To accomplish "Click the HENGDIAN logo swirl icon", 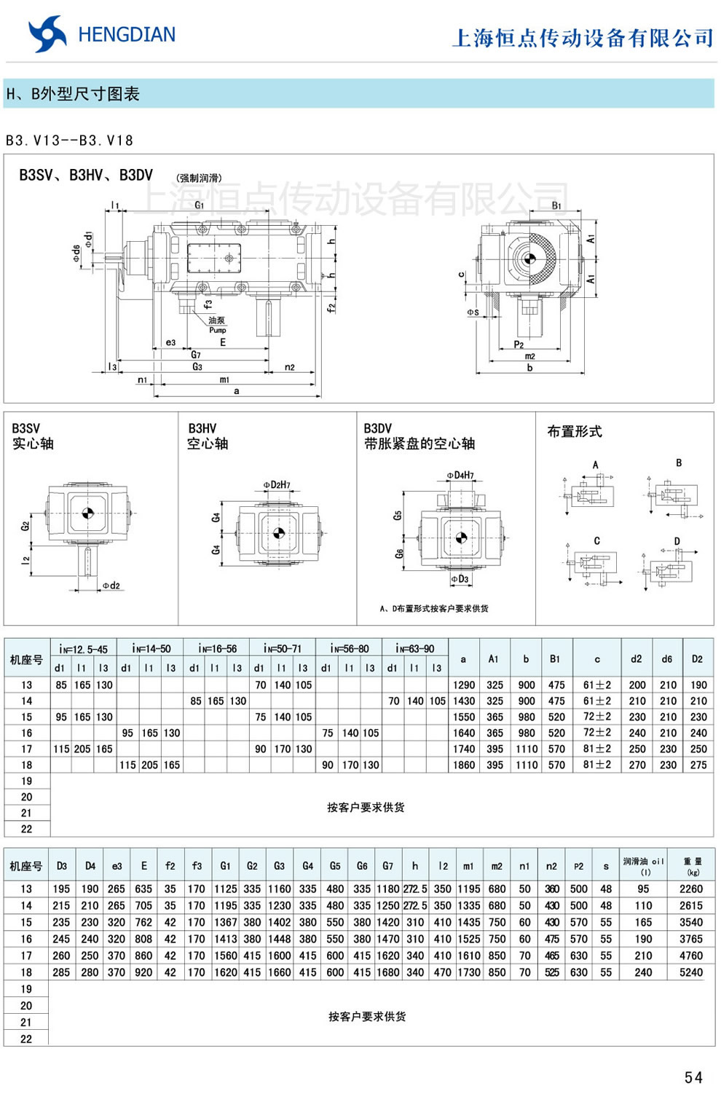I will pyautogui.click(x=47, y=34).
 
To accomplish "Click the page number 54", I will pyautogui.click(x=693, y=1077).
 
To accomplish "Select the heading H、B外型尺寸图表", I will pyautogui.click(x=73, y=94).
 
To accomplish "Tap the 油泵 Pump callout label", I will pyautogui.click(x=217, y=325).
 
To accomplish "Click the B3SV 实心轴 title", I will pyautogui.click(x=33, y=436).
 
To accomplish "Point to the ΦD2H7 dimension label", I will pyautogui.click(x=277, y=485).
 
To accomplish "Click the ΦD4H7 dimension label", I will pyautogui.click(x=460, y=476).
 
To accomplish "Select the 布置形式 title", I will pyautogui.click(x=575, y=431).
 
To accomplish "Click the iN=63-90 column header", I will pyautogui.click(x=414, y=648).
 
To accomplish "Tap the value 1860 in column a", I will pyautogui.click(x=464, y=765).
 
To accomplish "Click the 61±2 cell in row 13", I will pyautogui.click(x=597, y=685).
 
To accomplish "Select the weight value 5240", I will pyautogui.click(x=691, y=972).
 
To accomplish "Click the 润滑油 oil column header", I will pyautogui.click(x=643, y=865).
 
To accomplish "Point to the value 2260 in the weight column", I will pyautogui.click(x=691, y=889).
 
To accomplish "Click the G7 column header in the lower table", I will pyautogui.click(x=387, y=866).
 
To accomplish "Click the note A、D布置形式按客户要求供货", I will pyautogui.click(x=434, y=608).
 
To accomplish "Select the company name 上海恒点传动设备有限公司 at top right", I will pyautogui.click(x=583, y=38).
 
